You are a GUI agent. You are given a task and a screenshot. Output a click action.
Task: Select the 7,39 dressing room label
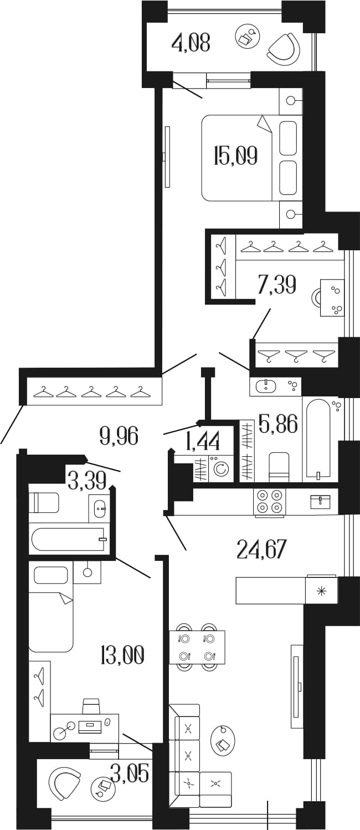(276, 285)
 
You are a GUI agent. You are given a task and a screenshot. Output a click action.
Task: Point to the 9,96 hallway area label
(119, 436)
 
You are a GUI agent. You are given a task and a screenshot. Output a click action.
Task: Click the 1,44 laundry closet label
(203, 441)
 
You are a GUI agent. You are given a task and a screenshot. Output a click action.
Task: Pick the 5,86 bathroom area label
(279, 424)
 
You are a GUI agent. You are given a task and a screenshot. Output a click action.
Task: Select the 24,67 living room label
(262, 549)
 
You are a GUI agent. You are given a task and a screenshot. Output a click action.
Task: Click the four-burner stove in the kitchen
(270, 502)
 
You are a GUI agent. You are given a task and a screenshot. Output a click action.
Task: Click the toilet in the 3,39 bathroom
(44, 502)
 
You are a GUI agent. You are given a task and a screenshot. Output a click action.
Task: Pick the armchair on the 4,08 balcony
(284, 48)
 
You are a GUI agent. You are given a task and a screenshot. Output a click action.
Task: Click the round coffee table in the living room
(223, 741)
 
